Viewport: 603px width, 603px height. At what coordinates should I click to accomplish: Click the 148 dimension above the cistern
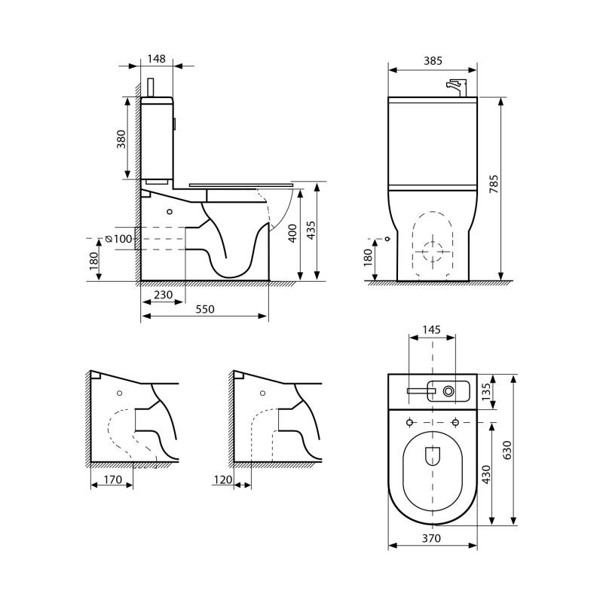click(157, 59)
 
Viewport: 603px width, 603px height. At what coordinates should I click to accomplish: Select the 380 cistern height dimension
click(121, 139)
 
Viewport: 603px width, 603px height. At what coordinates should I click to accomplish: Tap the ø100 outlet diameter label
click(119, 239)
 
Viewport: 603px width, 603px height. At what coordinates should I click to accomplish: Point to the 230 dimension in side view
click(163, 295)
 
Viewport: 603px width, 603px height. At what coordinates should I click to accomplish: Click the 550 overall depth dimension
click(205, 309)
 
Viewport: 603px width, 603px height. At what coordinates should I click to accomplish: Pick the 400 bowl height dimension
click(292, 233)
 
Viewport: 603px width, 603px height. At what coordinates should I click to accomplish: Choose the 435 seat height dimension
click(311, 230)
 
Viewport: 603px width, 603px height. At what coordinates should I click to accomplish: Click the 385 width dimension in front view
click(433, 61)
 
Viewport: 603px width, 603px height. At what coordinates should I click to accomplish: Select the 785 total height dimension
click(494, 184)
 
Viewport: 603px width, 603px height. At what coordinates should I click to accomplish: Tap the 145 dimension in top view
click(431, 329)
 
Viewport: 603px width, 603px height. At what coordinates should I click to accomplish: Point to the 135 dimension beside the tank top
click(486, 391)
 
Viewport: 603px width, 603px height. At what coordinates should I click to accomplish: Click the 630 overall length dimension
click(507, 450)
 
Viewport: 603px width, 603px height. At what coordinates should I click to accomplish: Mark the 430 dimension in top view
click(486, 475)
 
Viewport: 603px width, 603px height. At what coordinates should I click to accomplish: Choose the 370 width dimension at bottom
click(431, 538)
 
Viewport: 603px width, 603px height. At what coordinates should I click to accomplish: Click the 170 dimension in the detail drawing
click(112, 479)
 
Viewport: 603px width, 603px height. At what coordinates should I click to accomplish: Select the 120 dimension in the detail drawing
click(223, 479)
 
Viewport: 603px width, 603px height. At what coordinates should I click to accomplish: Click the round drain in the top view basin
click(448, 391)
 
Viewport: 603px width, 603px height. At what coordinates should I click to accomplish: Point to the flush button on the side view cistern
click(175, 124)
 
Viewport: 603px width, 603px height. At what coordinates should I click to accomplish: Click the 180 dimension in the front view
click(368, 257)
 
